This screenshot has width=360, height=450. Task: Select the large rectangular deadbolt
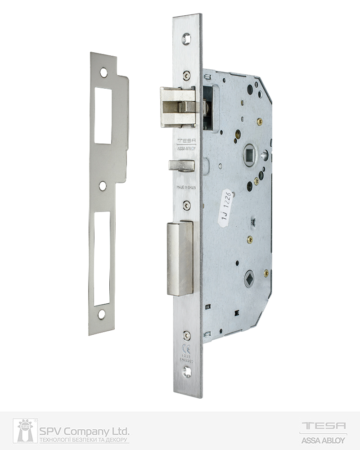pos(180,258)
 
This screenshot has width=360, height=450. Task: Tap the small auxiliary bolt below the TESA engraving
pos(181,165)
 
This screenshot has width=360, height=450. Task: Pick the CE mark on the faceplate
pos(187,348)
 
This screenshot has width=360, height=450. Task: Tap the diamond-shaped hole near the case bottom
pos(249,279)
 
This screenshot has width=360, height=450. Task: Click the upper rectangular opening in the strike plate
pos(103,115)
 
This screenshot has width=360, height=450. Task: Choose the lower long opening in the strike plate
pos(102,259)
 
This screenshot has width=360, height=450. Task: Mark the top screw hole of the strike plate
pos(104,72)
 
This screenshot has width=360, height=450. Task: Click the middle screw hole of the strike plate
pos(103,185)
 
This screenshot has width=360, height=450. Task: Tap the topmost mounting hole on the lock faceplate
pos(187,39)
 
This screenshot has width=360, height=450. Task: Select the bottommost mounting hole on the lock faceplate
pos(187,373)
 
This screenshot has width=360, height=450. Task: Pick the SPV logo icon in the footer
pos(25,431)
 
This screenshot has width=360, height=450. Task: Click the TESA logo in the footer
pos(323,426)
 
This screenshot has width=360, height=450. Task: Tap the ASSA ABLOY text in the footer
pos(323,440)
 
